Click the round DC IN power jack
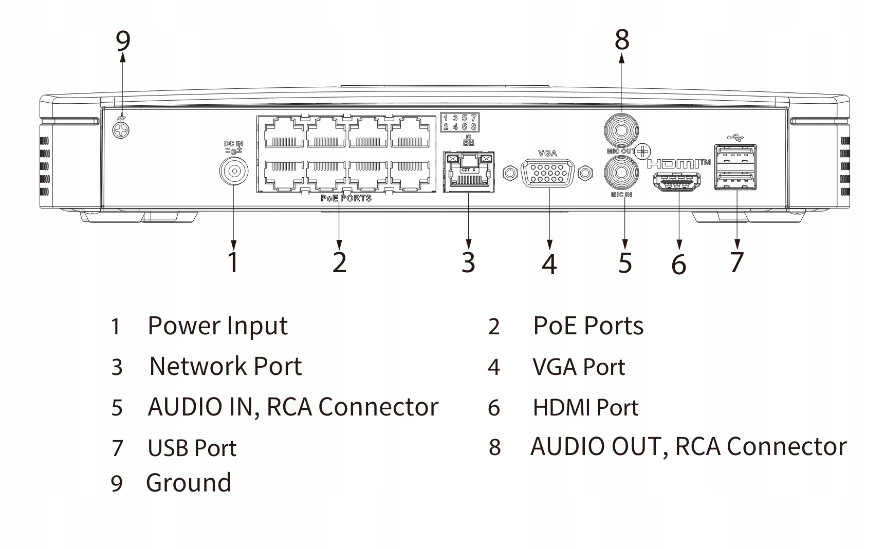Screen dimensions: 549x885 [x=233, y=172]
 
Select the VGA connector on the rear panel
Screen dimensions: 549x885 [x=547, y=173]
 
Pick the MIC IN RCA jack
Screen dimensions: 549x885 [x=621, y=173]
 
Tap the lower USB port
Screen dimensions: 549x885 [x=735, y=180]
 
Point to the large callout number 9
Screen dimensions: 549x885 [x=123, y=41]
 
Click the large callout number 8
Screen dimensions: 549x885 [x=622, y=40]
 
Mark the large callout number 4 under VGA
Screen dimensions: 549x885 [x=549, y=263]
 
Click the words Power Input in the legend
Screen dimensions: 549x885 [x=217, y=326]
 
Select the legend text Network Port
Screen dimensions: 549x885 [x=226, y=367]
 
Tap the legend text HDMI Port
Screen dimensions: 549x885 [x=585, y=408]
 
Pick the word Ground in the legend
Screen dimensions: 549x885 [x=189, y=483]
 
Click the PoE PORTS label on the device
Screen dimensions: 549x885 [x=346, y=198]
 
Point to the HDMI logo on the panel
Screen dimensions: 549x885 [x=678, y=164]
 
